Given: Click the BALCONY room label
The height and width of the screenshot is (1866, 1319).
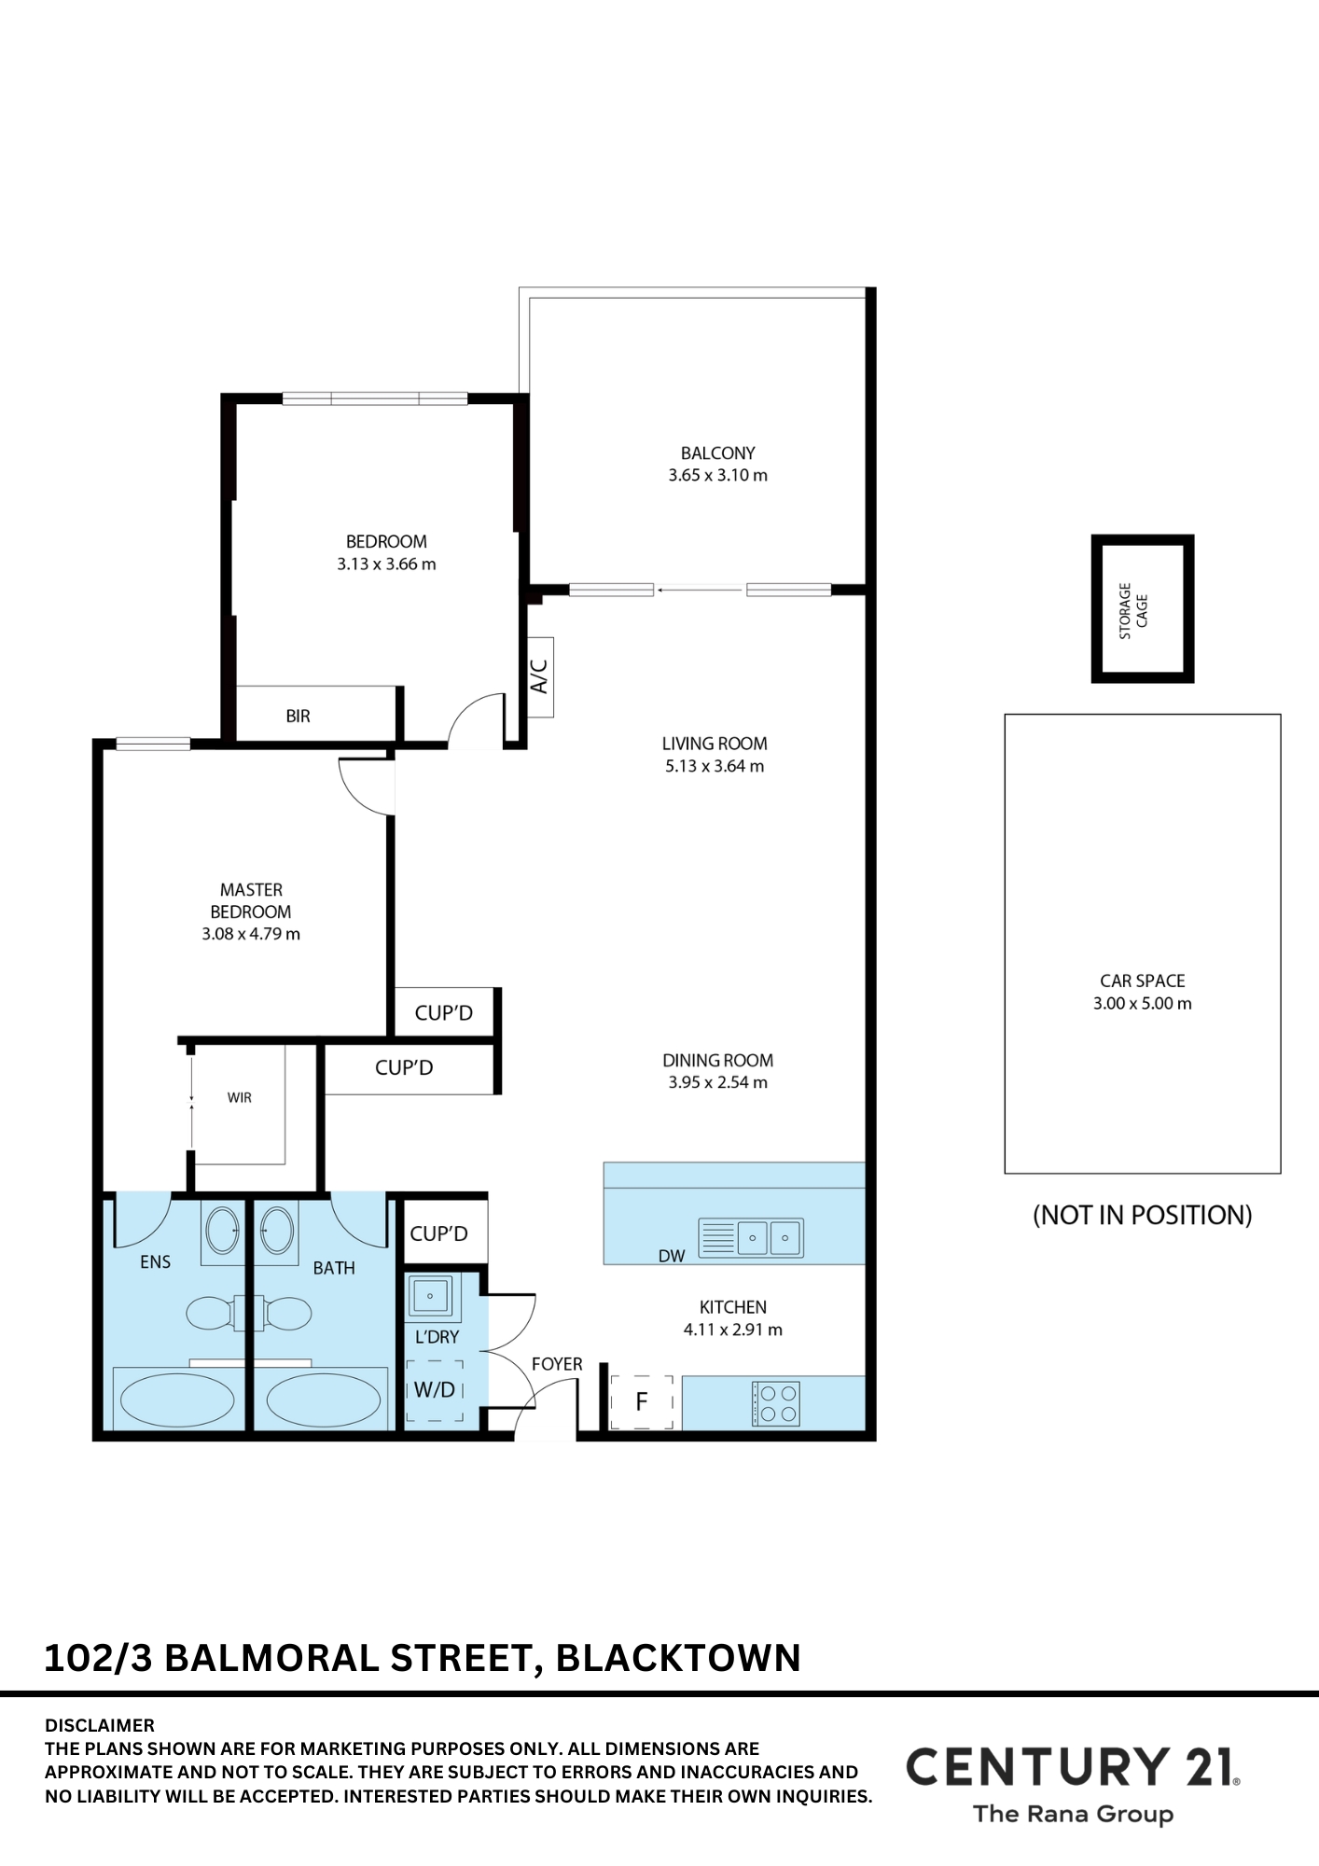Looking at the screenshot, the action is (x=717, y=453).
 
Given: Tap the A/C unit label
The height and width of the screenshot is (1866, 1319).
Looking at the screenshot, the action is (x=539, y=676).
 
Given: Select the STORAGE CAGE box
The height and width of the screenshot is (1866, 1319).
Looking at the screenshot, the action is (x=1143, y=608).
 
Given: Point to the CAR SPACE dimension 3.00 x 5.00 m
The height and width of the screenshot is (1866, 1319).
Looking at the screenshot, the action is (x=1143, y=1004).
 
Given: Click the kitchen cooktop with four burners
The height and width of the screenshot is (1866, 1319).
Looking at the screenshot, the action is (x=776, y=1403).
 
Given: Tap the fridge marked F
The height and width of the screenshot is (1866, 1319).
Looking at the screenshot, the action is (x=642, y=1401).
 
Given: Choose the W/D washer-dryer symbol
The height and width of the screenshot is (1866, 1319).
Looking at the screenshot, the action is (x=435, y=1390).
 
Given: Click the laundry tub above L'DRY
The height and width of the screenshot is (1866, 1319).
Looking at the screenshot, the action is (x=430, y=1296).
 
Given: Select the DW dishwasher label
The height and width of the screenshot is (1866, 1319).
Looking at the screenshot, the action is (x=672, y=1256).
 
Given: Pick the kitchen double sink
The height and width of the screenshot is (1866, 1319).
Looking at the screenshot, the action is (x=751, y=1238).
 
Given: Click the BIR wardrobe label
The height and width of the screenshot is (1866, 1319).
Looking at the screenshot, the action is (x=299, y=717).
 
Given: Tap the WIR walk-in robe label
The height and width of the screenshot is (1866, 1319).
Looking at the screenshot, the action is (x=240, y=1098).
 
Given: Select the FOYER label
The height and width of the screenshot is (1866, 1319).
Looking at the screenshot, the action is (x=557, y=1364).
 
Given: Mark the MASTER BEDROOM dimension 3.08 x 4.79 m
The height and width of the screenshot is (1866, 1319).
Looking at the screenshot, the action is (x=251, y=934).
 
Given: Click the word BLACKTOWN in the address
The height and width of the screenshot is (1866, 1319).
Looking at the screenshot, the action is (x=678, y=1658).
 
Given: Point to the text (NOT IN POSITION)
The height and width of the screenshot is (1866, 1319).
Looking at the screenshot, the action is (x=1143, y=1215).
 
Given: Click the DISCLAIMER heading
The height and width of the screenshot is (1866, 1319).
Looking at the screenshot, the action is (x=100, y=1725).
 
